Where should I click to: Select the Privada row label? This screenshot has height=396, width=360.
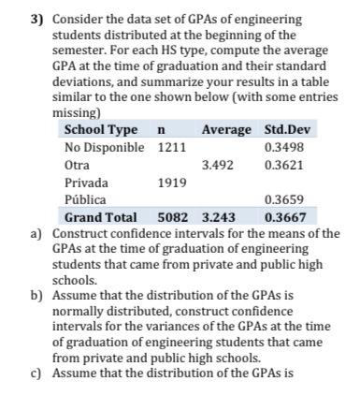(85, 182)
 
